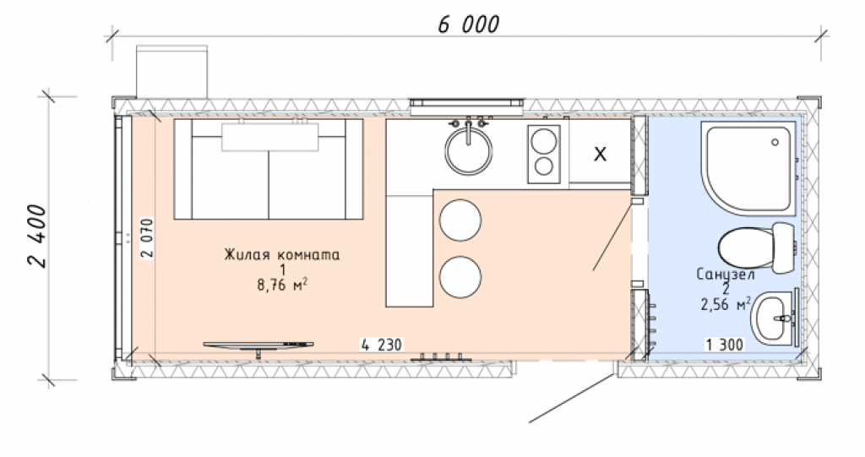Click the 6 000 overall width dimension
tap(468, 24)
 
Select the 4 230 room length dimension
tap(382, 345)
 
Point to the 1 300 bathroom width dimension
tap(725, 345)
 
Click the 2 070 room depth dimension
tap(147, 238)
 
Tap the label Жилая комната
tap(282, 255)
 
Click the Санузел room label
tap(726, 275)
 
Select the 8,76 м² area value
tap(282, 286)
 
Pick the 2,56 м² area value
tap(726, 304)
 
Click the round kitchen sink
tap(469, 151)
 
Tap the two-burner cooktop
tap(544, 154)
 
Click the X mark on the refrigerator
tap(601, 154)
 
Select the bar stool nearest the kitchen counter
tap(460, 220)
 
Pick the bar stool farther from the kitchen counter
tap(460, 277)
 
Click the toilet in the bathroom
tap(756, 248)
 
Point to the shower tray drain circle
tap(775, 143)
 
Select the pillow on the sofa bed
tap(269, 137)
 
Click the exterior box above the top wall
tap(171, 73)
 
